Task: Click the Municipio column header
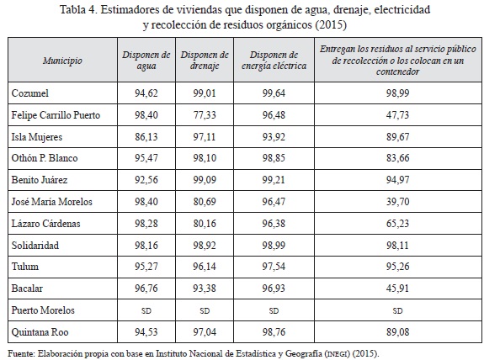point(62,61)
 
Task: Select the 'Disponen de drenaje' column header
point(205,61)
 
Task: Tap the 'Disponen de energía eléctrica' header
point(274,61)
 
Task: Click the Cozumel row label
point(30,93)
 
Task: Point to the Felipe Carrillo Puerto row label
point(56,115)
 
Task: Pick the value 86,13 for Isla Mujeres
point(146,136)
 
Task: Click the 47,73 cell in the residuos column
point(397,115)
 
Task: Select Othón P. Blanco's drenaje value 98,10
point(205,158)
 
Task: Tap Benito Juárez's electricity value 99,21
point(274,180)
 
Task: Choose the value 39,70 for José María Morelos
point(397,202)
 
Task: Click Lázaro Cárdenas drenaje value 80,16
point(205,224)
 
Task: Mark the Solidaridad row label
point(35,246)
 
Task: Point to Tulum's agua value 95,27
point(146,267)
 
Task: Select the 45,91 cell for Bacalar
point(397,289)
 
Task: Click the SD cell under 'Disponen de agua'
point(146,310)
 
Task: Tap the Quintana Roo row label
point(40,332)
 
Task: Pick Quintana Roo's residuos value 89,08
point(397,332)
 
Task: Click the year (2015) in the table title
point(331,24)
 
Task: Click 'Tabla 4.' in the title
point(78,9)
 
